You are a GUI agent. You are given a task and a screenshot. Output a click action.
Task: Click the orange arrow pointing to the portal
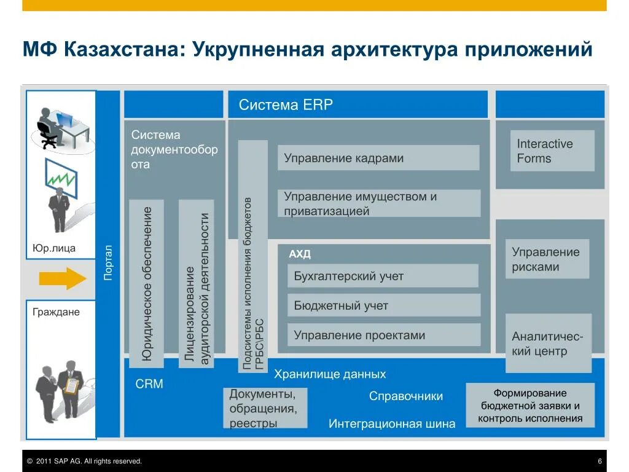[63, 278]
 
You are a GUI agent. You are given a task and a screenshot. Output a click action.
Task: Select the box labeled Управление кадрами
[378, 158]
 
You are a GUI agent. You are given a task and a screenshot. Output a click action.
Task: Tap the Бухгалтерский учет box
[382, 276]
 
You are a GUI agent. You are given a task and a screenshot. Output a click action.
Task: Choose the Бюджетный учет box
[383, 305]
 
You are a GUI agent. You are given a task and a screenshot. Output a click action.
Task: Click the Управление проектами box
[383, 335]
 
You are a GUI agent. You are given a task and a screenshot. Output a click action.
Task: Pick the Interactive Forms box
[545, 151]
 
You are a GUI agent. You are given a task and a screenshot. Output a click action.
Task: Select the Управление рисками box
[547, 259]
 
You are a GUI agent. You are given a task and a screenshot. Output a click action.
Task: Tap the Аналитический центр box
[548, 344]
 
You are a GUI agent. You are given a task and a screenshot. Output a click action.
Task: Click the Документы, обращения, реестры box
[265, 408]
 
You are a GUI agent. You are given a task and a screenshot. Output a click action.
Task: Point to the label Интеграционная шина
[392, 423]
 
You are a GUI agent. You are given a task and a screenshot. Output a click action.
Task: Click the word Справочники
[405, 396]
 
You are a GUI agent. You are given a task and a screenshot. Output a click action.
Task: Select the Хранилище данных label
[330, 374]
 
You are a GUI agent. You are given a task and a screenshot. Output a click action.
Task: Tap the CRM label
[149, 384]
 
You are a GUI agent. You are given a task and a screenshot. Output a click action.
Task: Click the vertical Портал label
[108, 262]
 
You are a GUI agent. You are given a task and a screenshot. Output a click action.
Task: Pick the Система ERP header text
[286, 104]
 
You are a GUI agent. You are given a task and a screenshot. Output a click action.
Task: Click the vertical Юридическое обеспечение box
[147, 283]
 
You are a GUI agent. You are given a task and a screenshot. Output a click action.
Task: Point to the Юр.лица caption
[54, 248]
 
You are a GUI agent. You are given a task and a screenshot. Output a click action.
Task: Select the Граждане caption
[56, 312]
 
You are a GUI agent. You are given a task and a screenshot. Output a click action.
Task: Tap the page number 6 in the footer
[599, 461]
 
